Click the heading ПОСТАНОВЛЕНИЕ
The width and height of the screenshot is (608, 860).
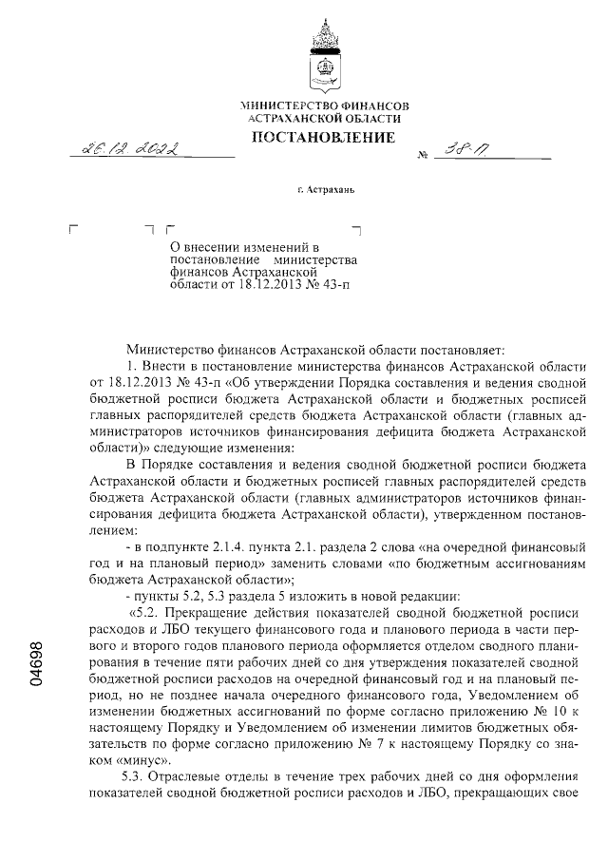pyautogui.click(x=323, y=139)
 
